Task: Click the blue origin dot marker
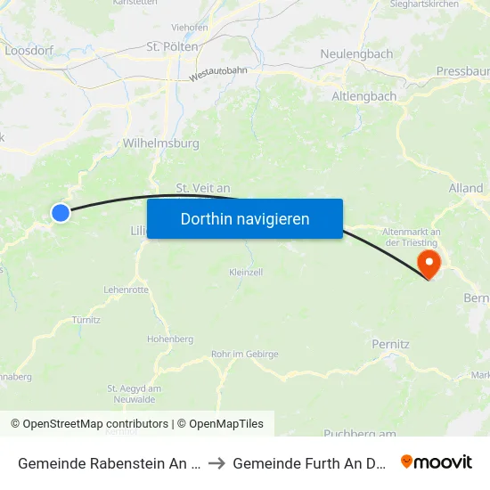[61, 212]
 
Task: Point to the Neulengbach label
[356, 54]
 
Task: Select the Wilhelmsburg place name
[160, 143]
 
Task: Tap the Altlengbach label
[364, 95]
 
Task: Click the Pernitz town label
[390, 343]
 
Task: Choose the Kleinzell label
[246, 273]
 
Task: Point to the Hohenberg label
[169, 339]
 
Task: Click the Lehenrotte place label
[126, 290]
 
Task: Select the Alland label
[466, 189]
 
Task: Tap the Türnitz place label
[86, 319]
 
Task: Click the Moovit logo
[437, 461]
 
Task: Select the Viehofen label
[190, 28]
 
